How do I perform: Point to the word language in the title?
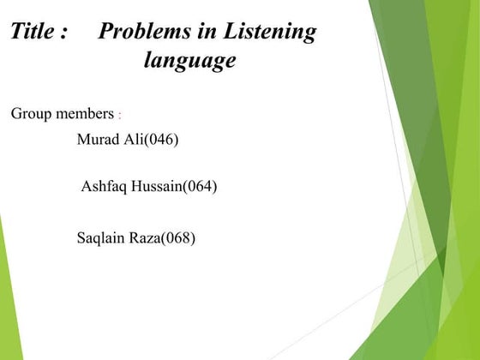click(x=189, y=62)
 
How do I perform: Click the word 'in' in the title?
click(x=206, y=33)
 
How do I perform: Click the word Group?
click(x=31, y=114)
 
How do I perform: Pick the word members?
click(x=84, y=114)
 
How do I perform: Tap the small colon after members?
click(x=120, y=116)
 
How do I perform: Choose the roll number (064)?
click(x=200, y=186)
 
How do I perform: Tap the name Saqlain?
click(x=100, y=237)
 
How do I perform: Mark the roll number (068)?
click(x=178, y=237)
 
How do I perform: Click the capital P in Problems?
click(x=106, y=33)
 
